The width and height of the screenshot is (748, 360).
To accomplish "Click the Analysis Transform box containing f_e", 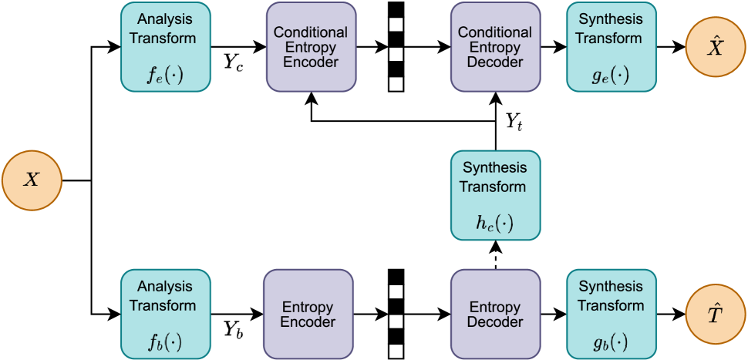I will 166,47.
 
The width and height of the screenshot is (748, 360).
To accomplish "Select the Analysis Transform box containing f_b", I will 166,315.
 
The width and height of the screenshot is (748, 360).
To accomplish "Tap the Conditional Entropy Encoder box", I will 311,47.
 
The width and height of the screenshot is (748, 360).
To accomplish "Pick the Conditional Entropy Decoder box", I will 494,47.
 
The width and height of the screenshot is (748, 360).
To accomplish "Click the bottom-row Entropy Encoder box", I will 308,315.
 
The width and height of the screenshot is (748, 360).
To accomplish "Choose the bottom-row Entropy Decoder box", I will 494,315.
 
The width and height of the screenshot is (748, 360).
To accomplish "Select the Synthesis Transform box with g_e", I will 611,47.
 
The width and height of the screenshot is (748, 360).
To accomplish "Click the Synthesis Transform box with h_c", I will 494,195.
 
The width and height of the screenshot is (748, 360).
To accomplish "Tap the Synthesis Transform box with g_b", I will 611,315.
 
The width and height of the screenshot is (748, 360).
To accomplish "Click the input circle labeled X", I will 32,181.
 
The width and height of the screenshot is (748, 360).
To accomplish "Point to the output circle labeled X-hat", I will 716,47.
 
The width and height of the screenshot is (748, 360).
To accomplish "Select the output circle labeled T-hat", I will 716,315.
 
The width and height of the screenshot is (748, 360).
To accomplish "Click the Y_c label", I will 234,62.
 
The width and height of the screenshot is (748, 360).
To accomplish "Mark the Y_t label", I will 514,121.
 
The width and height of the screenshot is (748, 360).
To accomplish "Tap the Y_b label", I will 234,329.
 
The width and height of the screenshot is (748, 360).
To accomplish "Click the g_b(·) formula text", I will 610,341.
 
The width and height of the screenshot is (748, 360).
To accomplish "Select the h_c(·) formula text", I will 494,224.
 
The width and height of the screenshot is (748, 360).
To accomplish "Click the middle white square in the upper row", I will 396,54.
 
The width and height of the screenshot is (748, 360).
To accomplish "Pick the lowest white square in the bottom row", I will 396,351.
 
